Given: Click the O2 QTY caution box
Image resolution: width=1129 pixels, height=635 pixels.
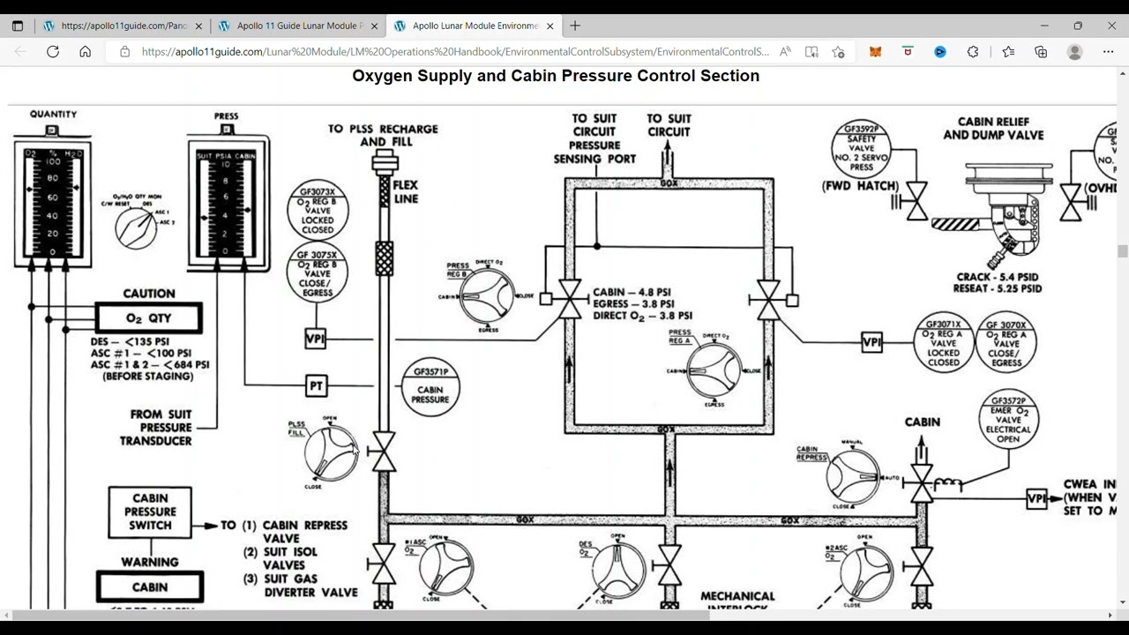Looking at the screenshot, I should [x=148, y=318].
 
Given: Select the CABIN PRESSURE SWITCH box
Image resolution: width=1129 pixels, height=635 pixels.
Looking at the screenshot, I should [x=150, y=512].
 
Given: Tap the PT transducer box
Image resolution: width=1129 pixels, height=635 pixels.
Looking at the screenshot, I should [x=316, y=385].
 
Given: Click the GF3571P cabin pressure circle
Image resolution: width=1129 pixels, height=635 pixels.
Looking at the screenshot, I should [x=430, y=385].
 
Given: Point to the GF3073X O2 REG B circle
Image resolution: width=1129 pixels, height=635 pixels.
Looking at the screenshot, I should [x=318, y=210].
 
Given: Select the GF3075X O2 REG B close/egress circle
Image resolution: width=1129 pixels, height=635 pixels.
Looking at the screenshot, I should [x=318, y=273].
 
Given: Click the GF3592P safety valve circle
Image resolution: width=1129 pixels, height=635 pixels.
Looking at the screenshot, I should [x=861, y=150].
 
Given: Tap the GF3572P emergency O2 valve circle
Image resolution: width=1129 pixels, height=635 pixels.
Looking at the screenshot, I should [x=1008, y=421].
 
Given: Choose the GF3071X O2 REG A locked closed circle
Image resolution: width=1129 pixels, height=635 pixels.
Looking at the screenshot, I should [x=943, y=341].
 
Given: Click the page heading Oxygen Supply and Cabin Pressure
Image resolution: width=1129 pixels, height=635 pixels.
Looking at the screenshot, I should [x=556, y=76].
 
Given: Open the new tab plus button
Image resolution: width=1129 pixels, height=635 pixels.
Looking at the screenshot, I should [x=575, y=26].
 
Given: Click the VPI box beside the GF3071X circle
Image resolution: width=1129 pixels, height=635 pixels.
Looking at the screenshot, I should [x=871, y=342].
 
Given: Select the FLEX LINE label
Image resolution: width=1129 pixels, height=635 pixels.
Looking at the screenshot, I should [x=406, y=191].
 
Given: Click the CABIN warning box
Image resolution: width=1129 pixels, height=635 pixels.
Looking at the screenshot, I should [x=150, y=586].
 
